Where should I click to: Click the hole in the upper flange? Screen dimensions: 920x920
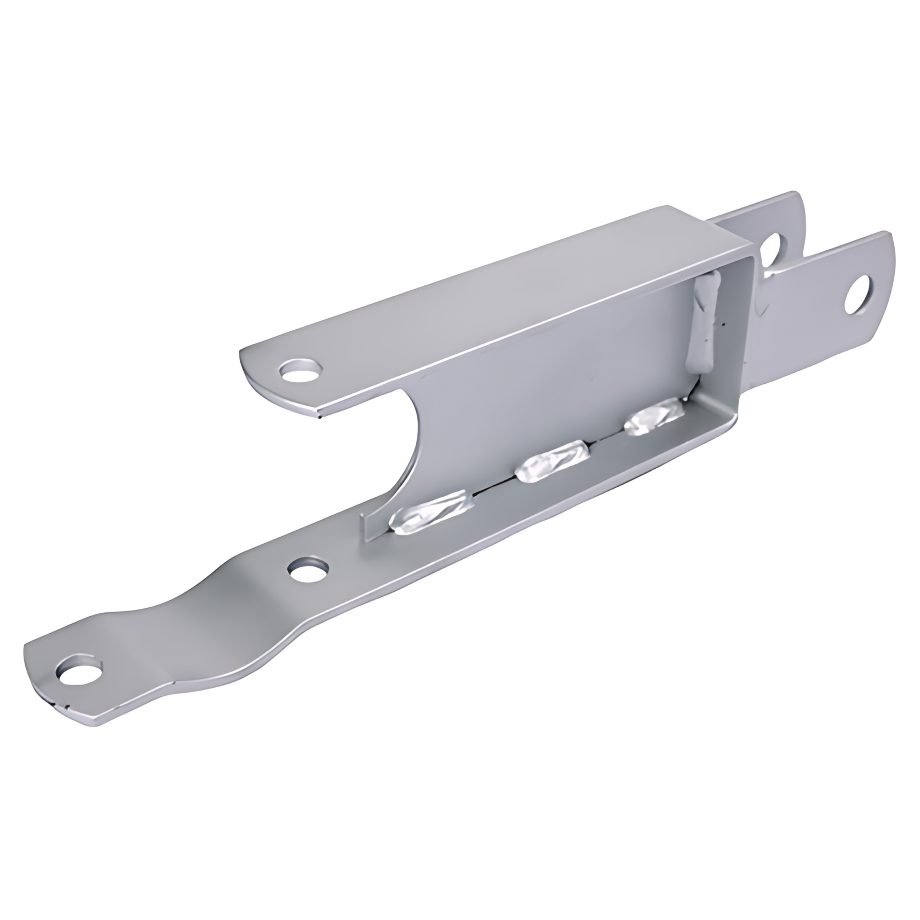(301, 371)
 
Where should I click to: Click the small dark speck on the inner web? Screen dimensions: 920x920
(593, 377)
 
